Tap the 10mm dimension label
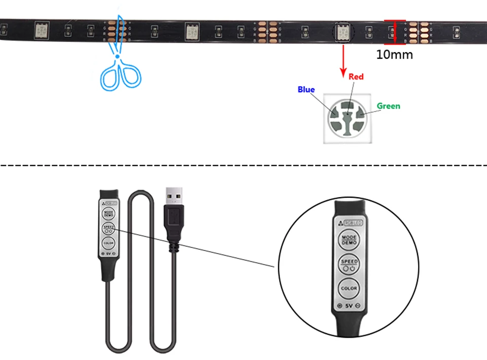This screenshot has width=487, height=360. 394,54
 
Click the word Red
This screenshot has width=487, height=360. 356,77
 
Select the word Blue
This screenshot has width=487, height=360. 306,90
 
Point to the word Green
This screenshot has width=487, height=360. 388,106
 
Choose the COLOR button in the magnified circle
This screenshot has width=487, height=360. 349,288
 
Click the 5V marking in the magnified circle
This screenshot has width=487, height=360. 349,306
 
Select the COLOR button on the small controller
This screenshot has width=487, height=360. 109,243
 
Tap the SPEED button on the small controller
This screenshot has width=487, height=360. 109,228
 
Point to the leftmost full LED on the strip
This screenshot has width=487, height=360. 41,30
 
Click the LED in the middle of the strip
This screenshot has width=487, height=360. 191,31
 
